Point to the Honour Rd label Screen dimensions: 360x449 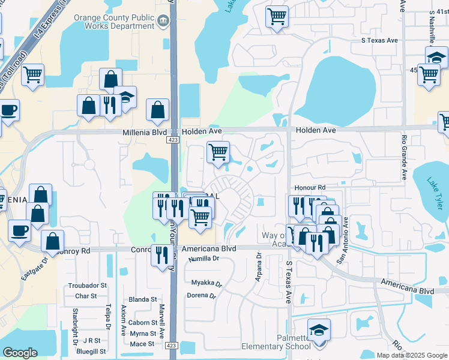pos(309,188)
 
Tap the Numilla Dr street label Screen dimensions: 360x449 pos(203,258)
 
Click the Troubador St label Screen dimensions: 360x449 pos(87,286)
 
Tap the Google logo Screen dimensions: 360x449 pos(20,353)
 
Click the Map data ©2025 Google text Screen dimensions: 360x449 pos(412,355)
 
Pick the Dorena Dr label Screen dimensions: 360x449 pos(201,296)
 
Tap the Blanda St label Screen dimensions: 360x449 pos(143,299)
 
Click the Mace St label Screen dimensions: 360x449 pos(142,344)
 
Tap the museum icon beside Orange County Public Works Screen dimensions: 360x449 pos(163,22)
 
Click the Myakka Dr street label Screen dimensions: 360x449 pos(206,283)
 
